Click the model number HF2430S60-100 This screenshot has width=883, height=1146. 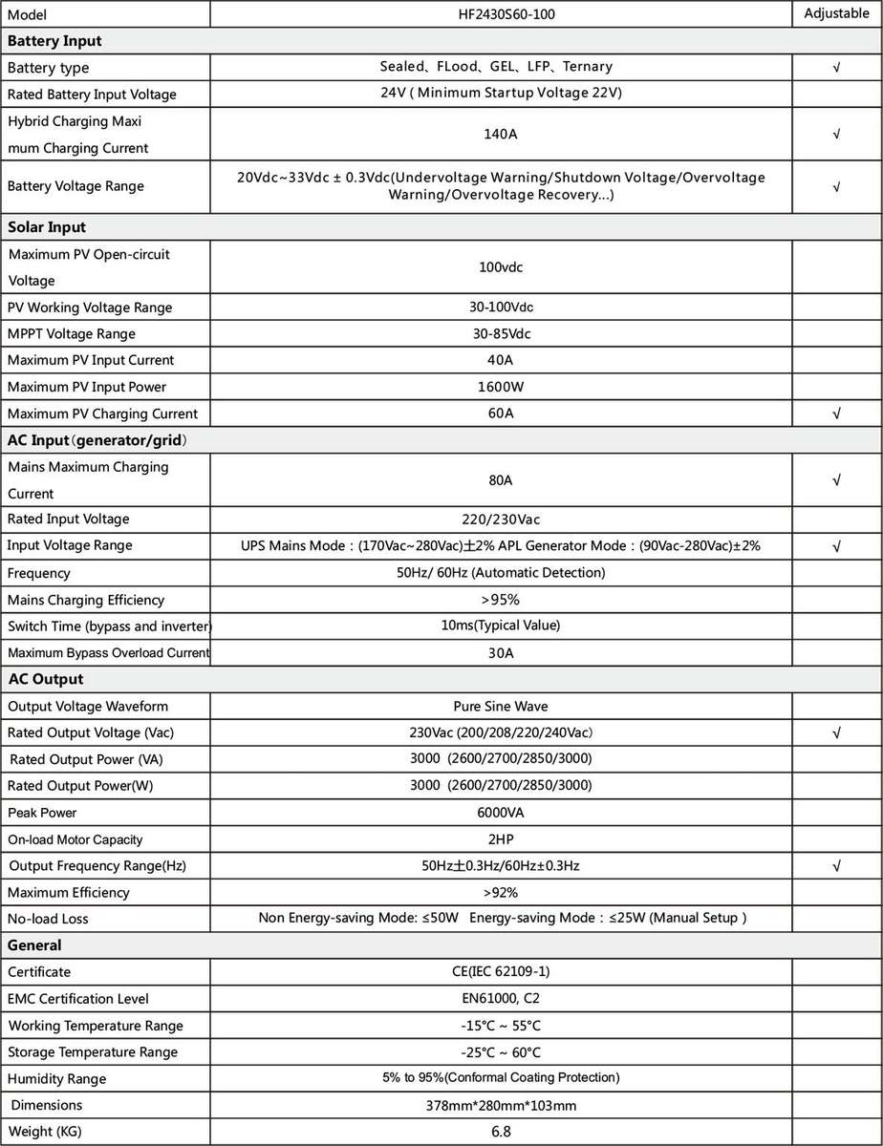tap(501, 14)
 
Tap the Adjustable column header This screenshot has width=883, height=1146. tap(836, 14)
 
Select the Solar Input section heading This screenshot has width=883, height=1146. tap(47, 227)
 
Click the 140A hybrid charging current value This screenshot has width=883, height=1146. tap(501, 135)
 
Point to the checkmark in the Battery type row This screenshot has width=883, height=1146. tap(836, 68)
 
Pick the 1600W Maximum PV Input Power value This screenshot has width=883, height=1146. tap(501, 387)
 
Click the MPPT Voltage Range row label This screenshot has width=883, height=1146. tap(72, 334)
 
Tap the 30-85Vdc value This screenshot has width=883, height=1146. tap(501, 334)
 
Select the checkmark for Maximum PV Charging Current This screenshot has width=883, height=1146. tap(836, 414)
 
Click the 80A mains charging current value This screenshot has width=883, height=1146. tap(501, 480)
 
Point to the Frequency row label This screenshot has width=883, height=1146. tap(39, 573)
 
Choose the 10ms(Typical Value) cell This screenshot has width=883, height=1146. tap(501, 626)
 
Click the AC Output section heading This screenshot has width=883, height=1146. tap(45, 679)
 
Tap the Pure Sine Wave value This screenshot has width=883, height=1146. tap(501, 707)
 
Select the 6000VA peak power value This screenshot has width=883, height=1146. tap(501, 813)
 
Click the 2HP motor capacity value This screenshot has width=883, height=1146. tap(501, 839)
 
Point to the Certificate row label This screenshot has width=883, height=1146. tap(39, 972)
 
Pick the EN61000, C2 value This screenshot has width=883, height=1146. tap(501, 999)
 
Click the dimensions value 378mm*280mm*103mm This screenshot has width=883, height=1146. tap(501, 1106)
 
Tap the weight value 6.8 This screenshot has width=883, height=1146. tap(501, 1133)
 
